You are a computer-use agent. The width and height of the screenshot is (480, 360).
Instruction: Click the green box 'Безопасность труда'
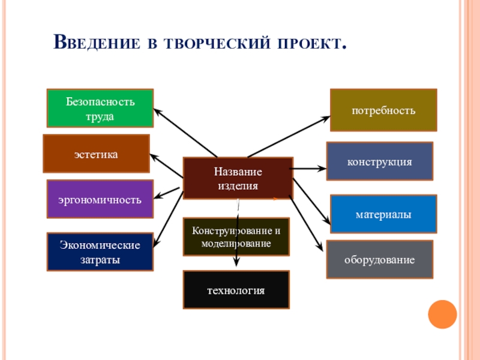(100, 108)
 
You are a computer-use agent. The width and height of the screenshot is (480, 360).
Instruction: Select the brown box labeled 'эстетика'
(96, 154)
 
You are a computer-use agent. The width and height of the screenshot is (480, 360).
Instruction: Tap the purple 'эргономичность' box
(100, 199)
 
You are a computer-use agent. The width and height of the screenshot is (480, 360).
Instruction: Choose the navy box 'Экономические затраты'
(100, 252)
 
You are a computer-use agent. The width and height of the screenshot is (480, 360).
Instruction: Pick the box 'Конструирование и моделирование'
(236, 237)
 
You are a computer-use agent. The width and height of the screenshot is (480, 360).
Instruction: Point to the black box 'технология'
(236, 290)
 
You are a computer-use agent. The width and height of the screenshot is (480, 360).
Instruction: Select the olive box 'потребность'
(383, 110)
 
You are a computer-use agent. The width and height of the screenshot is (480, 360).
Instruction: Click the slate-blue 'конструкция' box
(379, 161)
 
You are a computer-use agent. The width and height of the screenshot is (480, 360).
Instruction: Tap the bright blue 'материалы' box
(383, 214)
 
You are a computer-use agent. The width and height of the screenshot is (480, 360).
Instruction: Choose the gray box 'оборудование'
(379, 259)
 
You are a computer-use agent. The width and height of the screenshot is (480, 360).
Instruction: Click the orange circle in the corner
(443, 313)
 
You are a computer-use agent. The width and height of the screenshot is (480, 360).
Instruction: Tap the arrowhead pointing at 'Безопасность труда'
(156, 110)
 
